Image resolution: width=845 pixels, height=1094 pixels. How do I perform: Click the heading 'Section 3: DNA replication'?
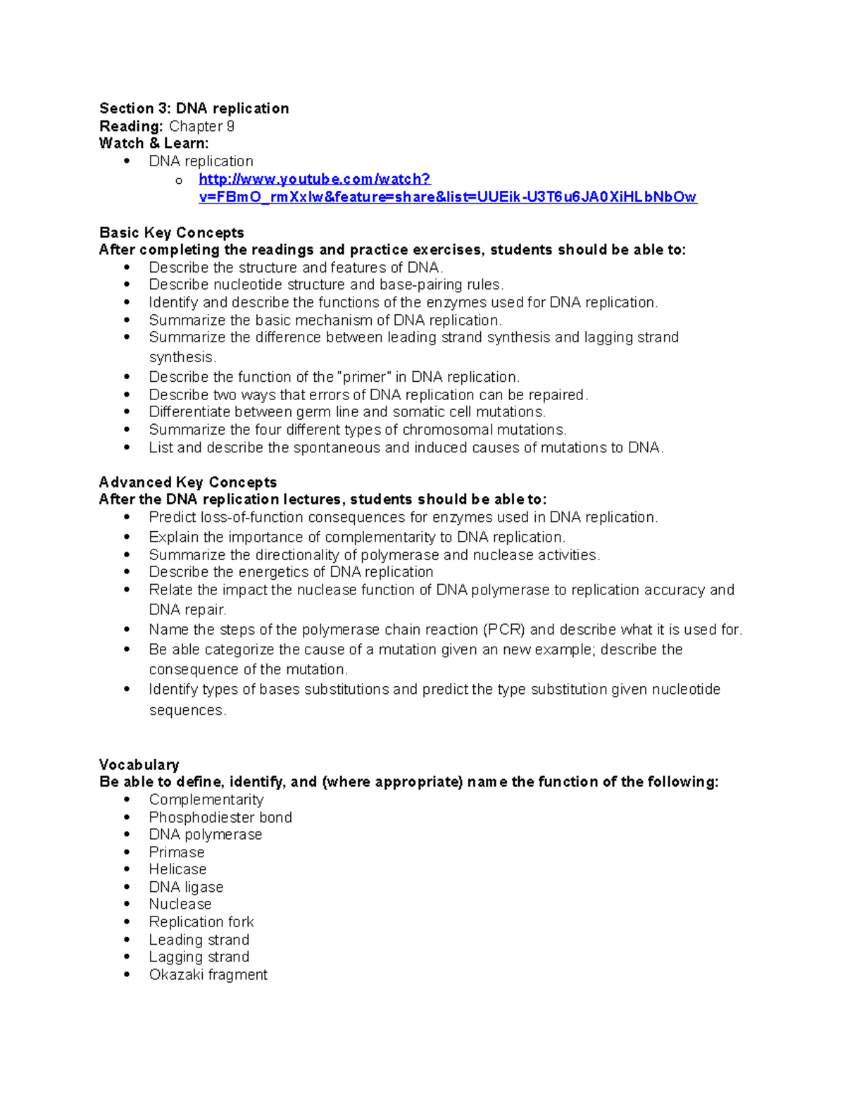click(194, 108)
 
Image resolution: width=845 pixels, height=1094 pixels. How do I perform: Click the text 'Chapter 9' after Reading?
click(201, 126)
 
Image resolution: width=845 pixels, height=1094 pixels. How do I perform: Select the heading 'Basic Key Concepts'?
click(171, 232)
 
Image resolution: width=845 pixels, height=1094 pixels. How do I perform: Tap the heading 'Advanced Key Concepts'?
click(187, 482)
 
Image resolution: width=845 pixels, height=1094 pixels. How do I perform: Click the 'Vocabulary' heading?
click(139, 764)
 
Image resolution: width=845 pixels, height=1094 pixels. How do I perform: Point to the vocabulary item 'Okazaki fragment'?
click(208, 974)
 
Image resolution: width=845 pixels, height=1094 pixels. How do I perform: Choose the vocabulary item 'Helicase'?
click(177, 869)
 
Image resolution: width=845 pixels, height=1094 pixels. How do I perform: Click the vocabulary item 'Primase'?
click(176, 852)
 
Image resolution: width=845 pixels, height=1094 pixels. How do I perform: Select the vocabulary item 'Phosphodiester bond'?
click(220, 817)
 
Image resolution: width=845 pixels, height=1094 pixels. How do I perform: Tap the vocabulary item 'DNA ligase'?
click(186, 887)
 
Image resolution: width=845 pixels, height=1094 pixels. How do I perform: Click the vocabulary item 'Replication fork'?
click(201, 921)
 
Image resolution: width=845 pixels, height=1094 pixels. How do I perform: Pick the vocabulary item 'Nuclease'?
click(180, 904)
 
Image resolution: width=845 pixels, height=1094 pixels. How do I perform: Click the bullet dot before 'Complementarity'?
click(127, 800)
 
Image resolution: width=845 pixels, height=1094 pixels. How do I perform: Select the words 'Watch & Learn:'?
click(154, 143)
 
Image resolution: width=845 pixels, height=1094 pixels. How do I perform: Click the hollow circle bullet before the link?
click(179, 181)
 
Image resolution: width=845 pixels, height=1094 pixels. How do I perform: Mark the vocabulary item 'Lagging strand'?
click(199, 957)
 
